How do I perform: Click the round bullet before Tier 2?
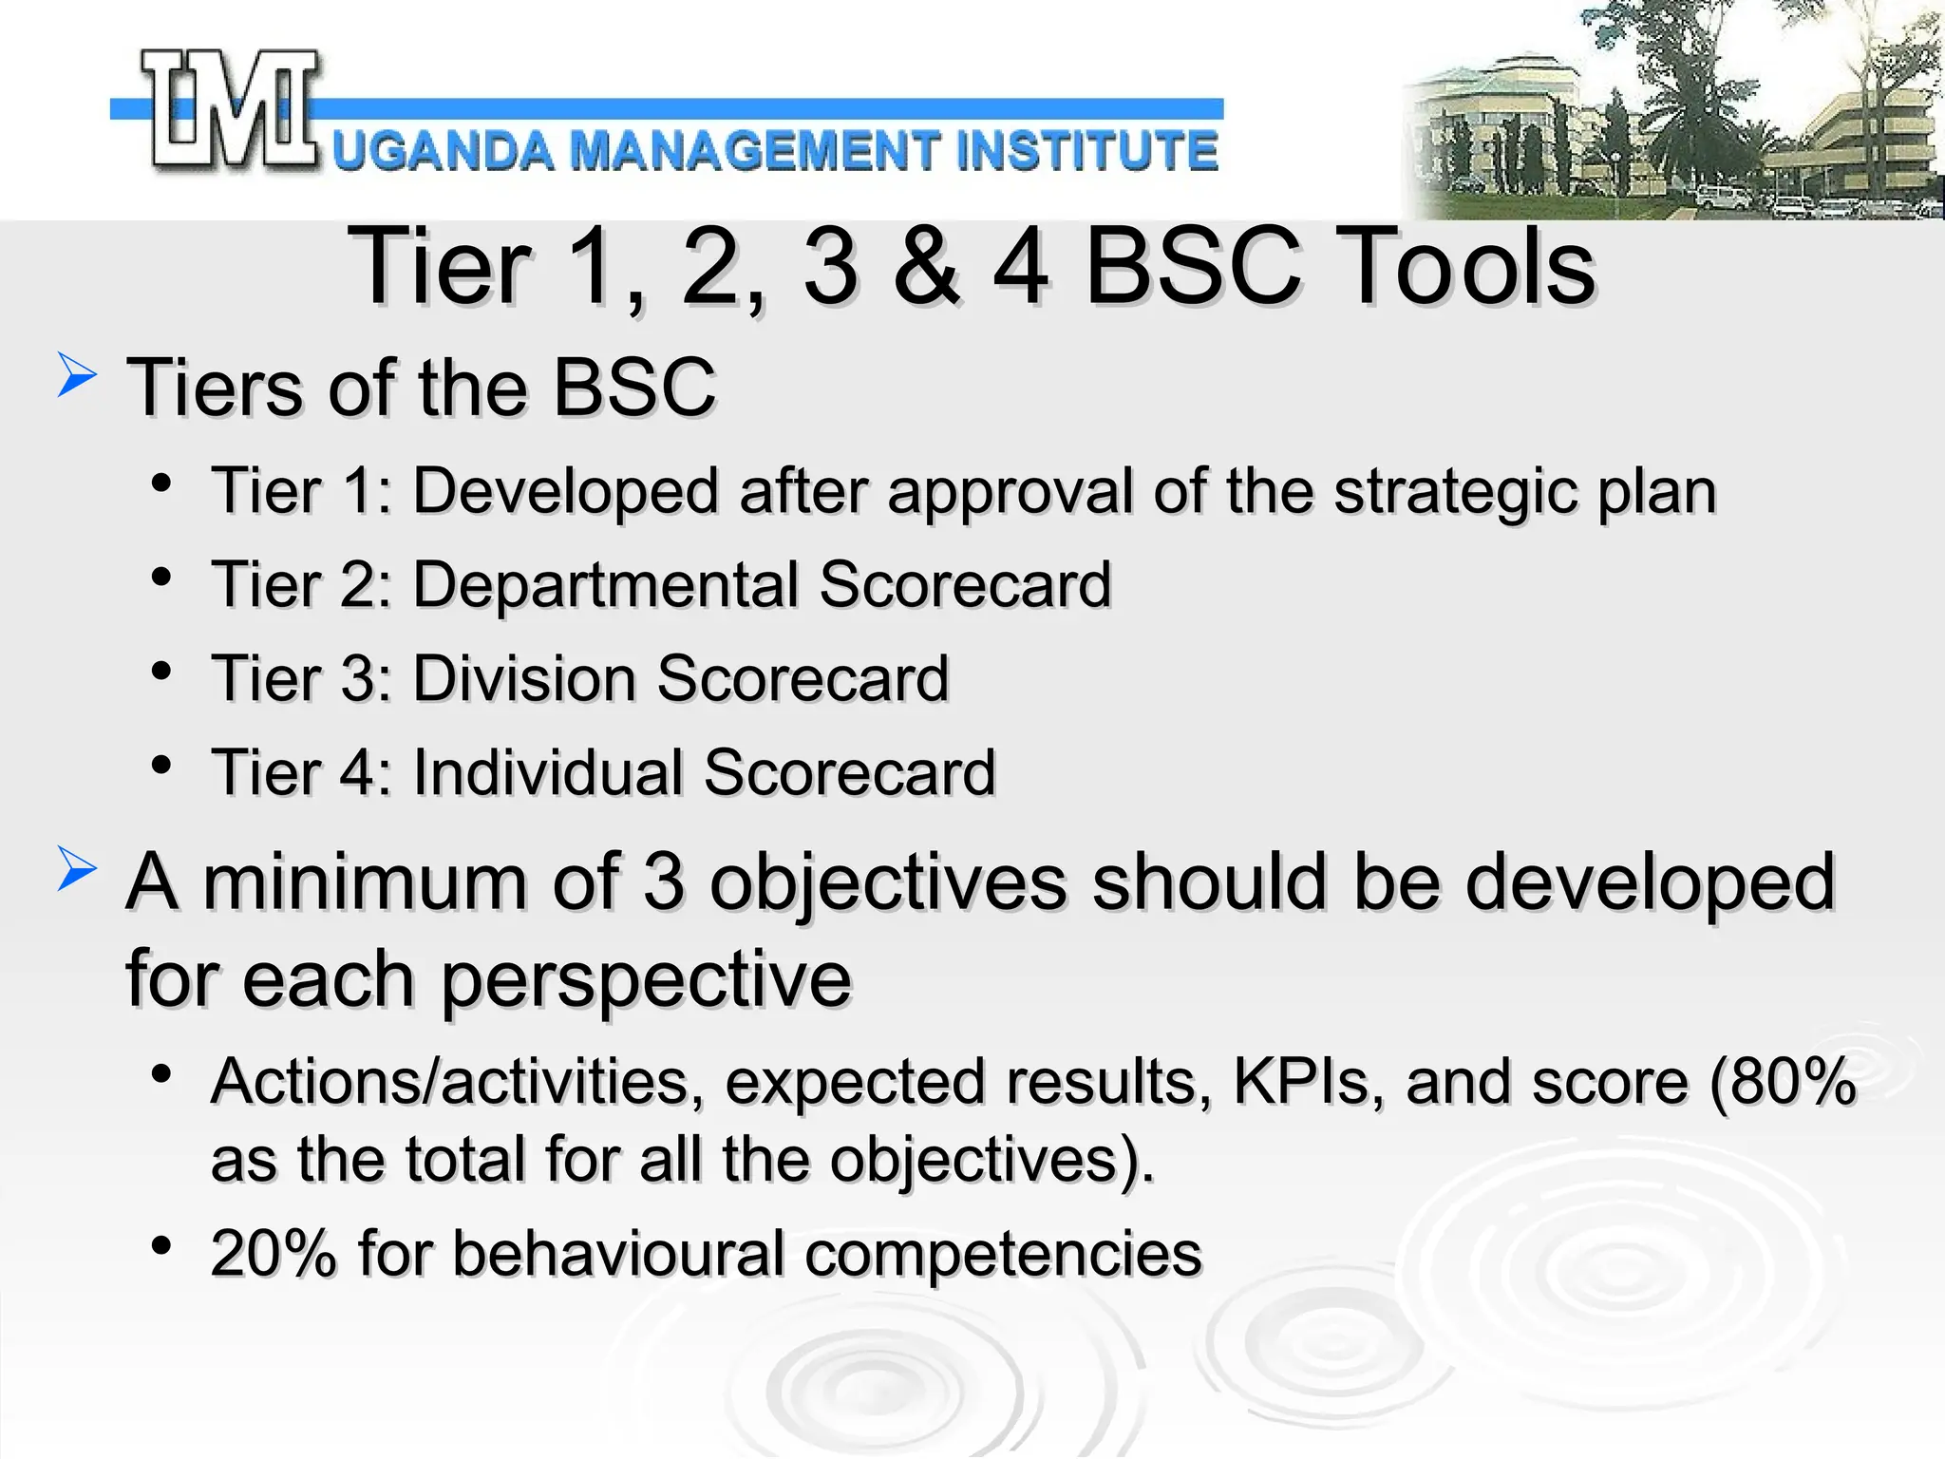(x=161, y=577)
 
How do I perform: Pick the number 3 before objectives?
(x=663, y=881)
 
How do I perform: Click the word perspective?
(x=646, y=980)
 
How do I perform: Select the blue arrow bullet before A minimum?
(x=76, y=868)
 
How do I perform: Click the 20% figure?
(x=274, y=1253)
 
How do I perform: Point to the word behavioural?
(x=617, y=1253)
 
